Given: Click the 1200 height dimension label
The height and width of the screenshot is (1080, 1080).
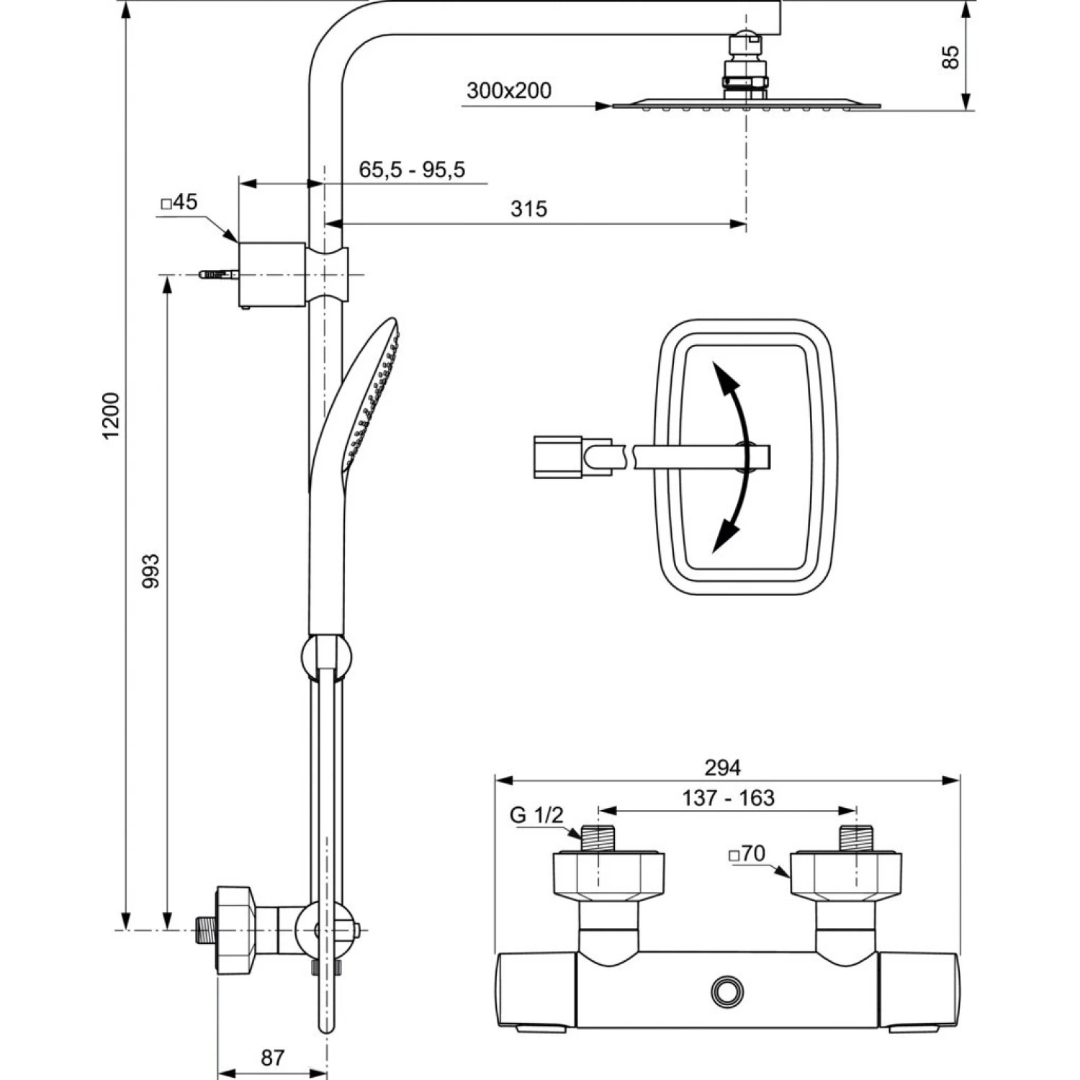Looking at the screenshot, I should (111, 416).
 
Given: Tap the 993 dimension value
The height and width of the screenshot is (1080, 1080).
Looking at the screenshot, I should (150, 571).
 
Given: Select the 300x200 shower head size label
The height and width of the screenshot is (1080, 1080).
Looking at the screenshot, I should (508, 91).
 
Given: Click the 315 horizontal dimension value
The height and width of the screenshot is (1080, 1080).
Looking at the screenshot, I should (528, 209).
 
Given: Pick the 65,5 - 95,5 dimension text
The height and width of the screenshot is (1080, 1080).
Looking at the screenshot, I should (412, 170).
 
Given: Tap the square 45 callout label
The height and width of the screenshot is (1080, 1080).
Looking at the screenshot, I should (179, 202).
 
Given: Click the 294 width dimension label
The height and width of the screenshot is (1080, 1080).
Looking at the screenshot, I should (722, 768).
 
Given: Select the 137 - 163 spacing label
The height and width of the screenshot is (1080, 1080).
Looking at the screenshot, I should (728, 798).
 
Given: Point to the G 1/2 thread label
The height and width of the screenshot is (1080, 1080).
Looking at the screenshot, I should (536, 815).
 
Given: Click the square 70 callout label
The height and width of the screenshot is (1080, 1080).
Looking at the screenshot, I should (747, 854).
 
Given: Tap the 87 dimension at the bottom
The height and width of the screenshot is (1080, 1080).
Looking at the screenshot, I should (272, 1058).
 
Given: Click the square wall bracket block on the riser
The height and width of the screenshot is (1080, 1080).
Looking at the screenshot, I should (271, 274).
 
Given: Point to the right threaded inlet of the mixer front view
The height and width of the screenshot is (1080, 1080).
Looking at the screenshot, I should (856, 839).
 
